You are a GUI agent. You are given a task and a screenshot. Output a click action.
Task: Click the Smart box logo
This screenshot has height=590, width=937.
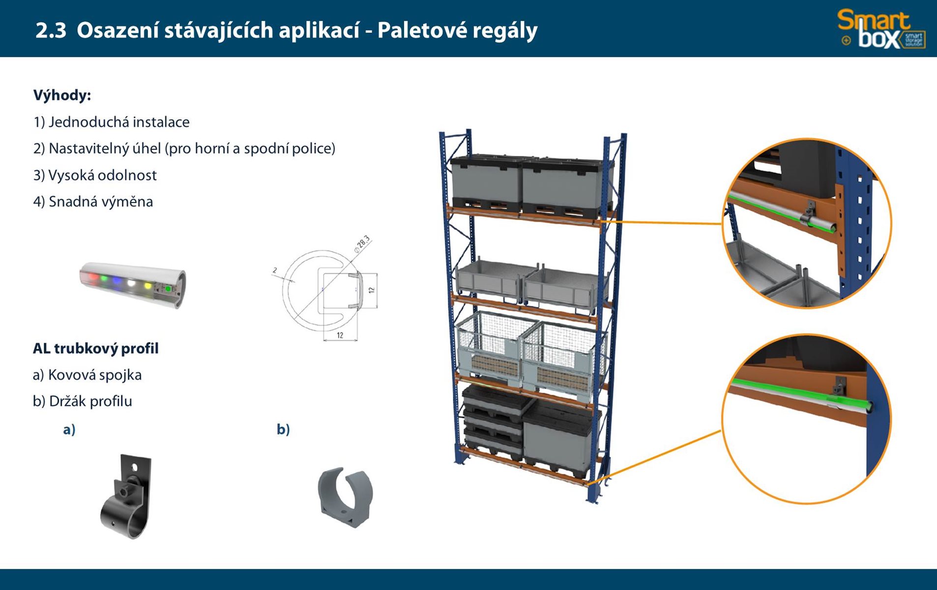(881, 29)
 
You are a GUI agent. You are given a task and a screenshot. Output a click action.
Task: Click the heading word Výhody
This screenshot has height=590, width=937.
(62, 95)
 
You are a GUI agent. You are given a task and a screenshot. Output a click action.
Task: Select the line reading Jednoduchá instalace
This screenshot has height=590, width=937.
(112, 122)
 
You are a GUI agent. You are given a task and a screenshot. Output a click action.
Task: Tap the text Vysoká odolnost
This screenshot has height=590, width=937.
(95, 175)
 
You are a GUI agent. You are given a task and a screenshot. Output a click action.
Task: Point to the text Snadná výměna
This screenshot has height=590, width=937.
(93, 202)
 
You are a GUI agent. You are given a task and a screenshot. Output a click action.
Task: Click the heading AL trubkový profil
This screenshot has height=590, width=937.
(95, 349)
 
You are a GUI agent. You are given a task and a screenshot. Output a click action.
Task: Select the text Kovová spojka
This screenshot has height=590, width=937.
(87, 375)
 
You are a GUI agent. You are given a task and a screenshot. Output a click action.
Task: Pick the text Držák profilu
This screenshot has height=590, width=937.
(83, 401)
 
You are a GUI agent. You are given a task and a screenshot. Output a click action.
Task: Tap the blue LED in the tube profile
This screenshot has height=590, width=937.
(117, 280)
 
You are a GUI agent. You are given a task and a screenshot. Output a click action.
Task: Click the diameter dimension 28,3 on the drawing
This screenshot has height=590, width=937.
(362, 243)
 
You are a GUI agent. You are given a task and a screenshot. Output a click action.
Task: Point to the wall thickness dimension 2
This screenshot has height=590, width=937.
(275, 270)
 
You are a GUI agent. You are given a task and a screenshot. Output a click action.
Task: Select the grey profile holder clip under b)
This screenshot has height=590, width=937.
(345, 497)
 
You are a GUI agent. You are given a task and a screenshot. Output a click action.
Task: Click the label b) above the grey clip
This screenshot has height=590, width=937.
(283, 430)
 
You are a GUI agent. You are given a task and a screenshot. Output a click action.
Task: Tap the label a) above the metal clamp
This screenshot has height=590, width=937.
(69, 430)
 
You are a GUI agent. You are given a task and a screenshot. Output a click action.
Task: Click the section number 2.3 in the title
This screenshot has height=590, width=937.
(51, 30)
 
